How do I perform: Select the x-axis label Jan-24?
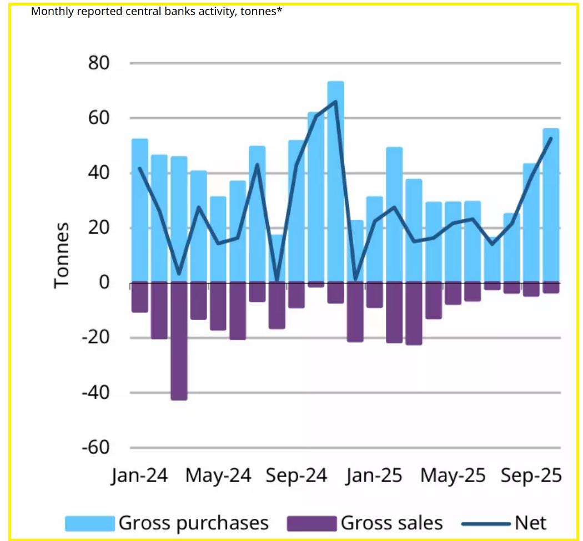(139, 476)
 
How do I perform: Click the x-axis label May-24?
(218, 476)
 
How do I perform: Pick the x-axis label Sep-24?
(297, 476)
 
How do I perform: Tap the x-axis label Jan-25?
(374, 476)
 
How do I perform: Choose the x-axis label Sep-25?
(531, 476)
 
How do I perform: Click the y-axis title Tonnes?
(62, 255)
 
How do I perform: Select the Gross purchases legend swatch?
(90, 523)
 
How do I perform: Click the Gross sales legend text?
(391, 523)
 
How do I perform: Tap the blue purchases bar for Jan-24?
(139, 211)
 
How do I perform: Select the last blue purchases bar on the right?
(550, 206)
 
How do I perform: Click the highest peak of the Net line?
(335, 102)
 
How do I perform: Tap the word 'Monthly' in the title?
(50, 12)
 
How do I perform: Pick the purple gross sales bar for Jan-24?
(139, 297)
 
